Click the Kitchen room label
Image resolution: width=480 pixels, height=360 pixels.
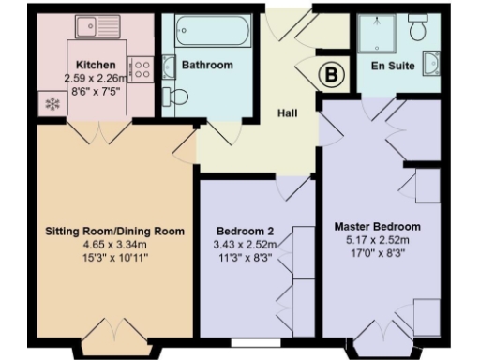[x=82, y=65]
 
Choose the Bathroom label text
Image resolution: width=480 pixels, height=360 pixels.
[x=207, y=67]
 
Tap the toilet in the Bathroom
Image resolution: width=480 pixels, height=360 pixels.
[x=174, y=97]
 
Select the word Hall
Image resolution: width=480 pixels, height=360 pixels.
[x=288, y=113]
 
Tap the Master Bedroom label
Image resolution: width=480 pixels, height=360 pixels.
[x=378, y=227]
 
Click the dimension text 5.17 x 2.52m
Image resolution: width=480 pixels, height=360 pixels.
[x=378, y=240]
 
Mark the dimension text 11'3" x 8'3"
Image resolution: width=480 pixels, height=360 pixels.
[x=247, y=256]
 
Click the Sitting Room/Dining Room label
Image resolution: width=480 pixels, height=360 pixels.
[x=114, y=230]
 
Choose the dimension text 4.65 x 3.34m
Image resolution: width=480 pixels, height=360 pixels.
[x=114, y=243]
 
